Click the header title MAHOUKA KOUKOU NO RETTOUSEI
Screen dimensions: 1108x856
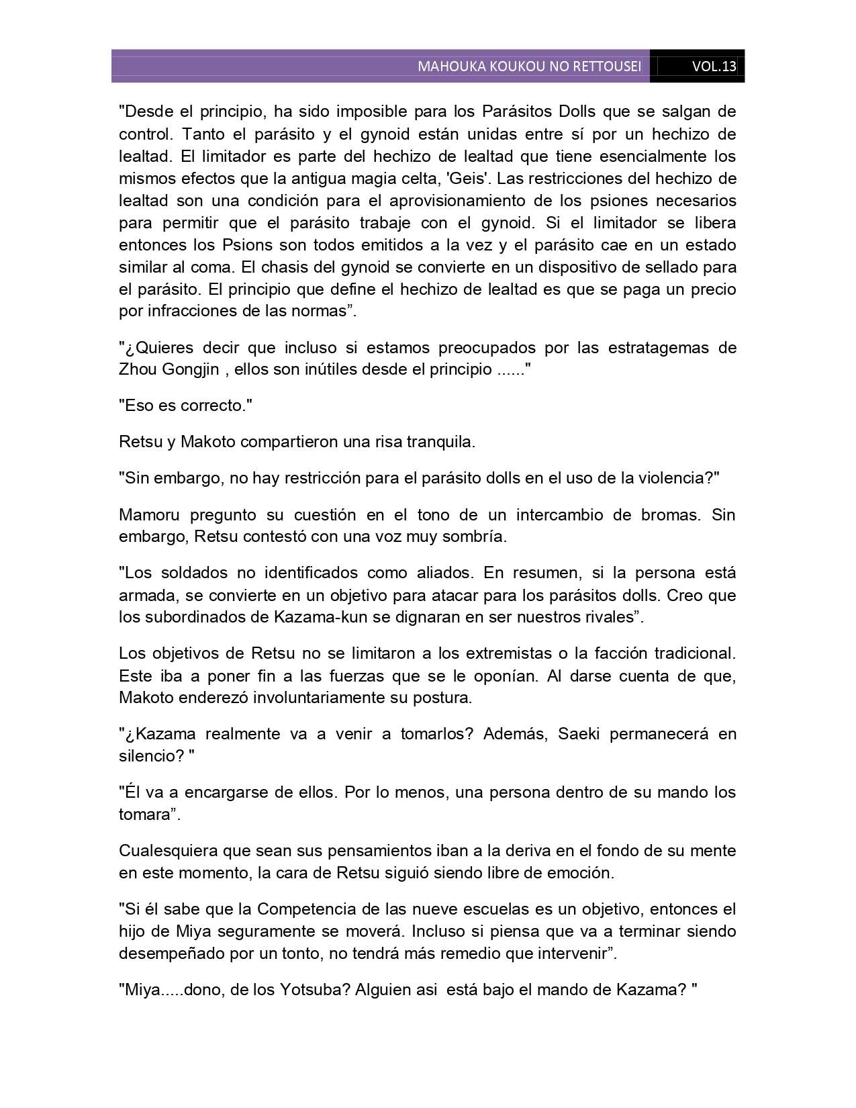click(x=529, y=66)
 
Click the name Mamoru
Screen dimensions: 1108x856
click(x=148, y=515)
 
